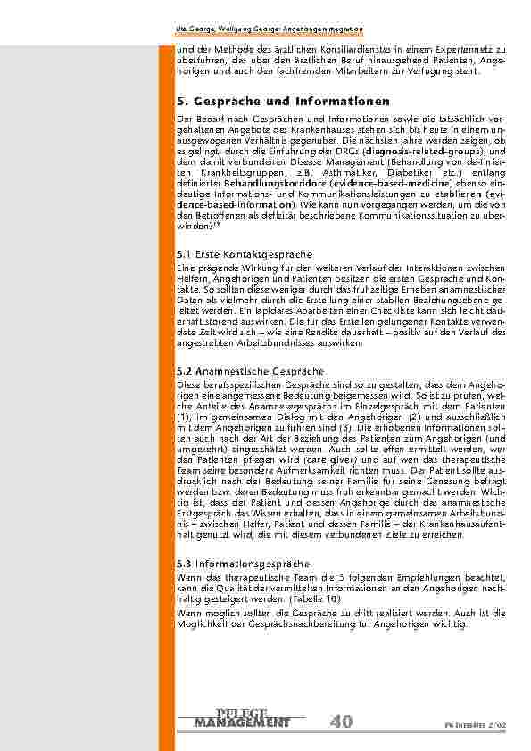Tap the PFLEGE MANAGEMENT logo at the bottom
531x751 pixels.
pyautogui.click(x=242, y=718)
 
